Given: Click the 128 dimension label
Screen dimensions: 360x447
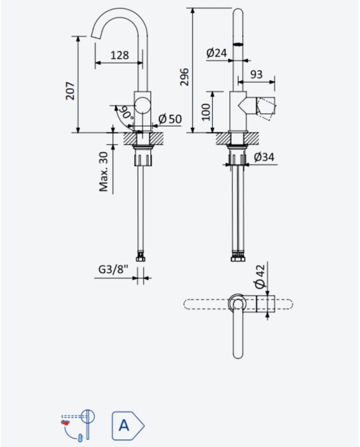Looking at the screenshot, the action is [119, 55].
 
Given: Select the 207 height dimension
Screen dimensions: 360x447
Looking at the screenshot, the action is [70, 91].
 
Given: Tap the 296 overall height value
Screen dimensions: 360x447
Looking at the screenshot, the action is [185, 77].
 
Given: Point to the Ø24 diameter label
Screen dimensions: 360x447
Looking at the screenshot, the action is [217, 53].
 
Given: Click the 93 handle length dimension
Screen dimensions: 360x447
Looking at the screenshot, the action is [256, 74].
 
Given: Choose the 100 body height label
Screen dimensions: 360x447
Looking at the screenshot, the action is [206, 112].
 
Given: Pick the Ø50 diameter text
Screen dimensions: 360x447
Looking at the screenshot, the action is [170, 119].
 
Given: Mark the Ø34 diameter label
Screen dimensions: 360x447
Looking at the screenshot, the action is [264, 157].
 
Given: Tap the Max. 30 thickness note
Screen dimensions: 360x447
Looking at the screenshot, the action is [104, 172].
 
